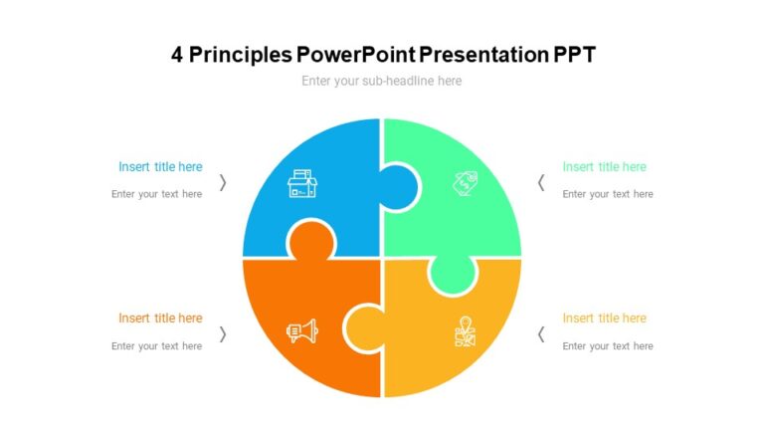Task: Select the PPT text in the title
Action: [573, 54]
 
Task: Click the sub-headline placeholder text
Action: [382, 81]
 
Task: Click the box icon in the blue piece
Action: [301, 183]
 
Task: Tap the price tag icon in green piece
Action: [464, 182]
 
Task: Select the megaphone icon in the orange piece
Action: [301, 331]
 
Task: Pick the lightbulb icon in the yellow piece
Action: [464, 331]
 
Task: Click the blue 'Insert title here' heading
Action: [160, 167]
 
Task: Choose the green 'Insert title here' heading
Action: [604, 167]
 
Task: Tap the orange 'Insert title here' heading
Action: [160, 319]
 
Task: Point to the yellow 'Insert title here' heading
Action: [604, 319]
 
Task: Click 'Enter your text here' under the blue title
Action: [156, 194]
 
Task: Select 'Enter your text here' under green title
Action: [608, 194]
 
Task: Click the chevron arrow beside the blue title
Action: [223, 182]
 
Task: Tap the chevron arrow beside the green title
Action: [541, 182]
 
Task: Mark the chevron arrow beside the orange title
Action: [223, 333]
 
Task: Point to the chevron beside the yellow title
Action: [541, 333]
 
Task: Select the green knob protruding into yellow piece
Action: [452, 274]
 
